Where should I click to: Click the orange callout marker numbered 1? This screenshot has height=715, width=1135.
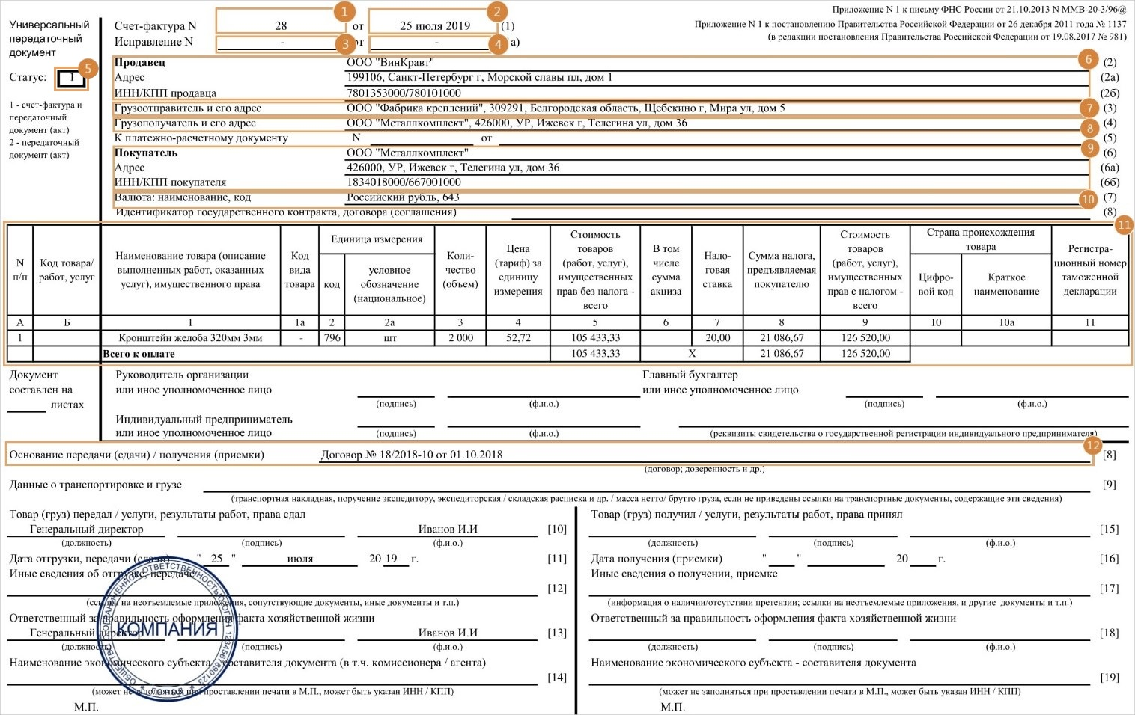pos(344,11)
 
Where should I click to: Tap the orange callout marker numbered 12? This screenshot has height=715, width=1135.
pos(1092,446)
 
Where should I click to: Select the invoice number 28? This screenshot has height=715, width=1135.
pos(281,25)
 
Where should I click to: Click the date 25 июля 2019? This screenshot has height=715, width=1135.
pos(435,25)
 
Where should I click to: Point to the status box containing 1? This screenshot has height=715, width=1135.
pos(72,77)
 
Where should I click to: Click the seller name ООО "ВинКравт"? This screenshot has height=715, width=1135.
pos(390,62)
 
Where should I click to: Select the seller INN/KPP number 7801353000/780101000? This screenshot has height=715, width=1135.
pos(404,93)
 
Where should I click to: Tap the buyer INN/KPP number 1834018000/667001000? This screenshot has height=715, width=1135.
pos(404,182)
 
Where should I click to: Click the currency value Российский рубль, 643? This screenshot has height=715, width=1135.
pos(403,197)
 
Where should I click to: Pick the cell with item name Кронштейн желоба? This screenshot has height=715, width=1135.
pos(190,338)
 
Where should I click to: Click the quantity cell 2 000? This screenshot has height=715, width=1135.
pos(460,338)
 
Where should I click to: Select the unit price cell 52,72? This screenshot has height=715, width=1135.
pos(518,338)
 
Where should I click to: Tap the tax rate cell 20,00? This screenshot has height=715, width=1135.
pos(717,338)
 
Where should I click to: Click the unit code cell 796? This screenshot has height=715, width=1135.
pos(332,338)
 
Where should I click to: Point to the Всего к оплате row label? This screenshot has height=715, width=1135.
pos(139,354)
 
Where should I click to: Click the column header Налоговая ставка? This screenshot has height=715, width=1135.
pos(717,270)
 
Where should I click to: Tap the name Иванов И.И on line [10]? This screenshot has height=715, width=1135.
pos(448,529)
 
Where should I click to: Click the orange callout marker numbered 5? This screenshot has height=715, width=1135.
pos(88,68)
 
